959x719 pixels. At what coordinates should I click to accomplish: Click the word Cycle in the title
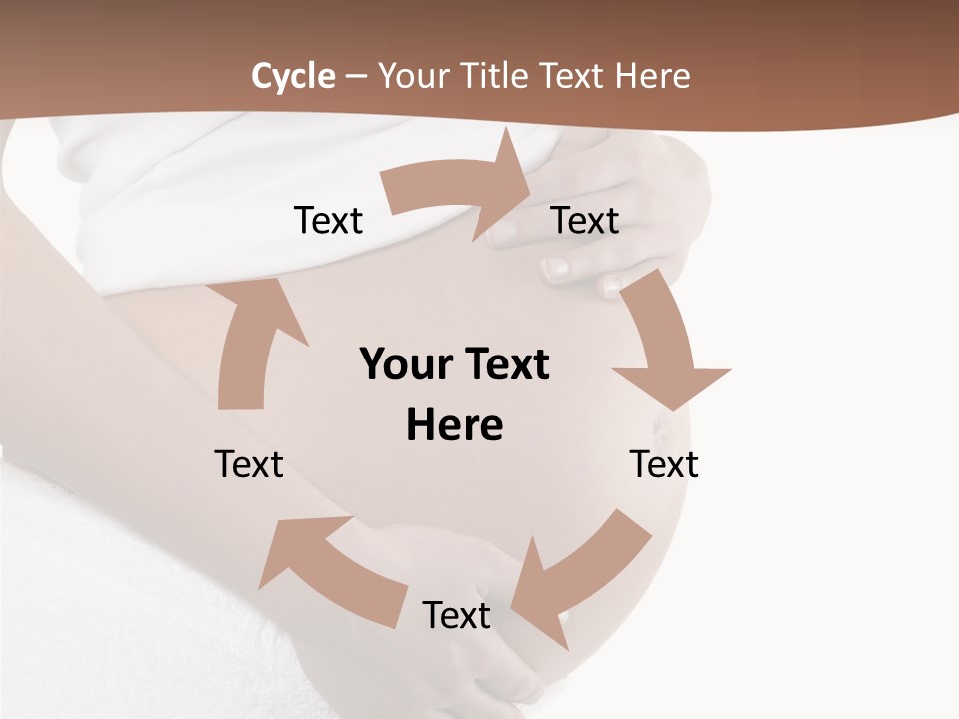tap(293, 76)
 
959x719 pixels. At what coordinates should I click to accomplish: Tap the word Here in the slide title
tap(653, 76)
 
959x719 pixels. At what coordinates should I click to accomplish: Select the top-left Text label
tap(328, 220)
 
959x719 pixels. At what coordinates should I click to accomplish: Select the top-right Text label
tap(585, 220)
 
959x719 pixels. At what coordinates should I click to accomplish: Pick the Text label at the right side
tap(664, 464)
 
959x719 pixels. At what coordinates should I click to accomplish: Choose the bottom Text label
tap(457, 615)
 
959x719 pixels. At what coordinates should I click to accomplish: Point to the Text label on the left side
tap(249, 464)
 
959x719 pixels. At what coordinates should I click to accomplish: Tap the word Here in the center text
tap(455, 425)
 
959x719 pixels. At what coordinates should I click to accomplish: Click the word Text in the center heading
tap(504, 364)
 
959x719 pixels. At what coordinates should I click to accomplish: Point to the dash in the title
tap(356, 76)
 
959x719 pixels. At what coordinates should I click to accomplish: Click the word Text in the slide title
tap(576, 76)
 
